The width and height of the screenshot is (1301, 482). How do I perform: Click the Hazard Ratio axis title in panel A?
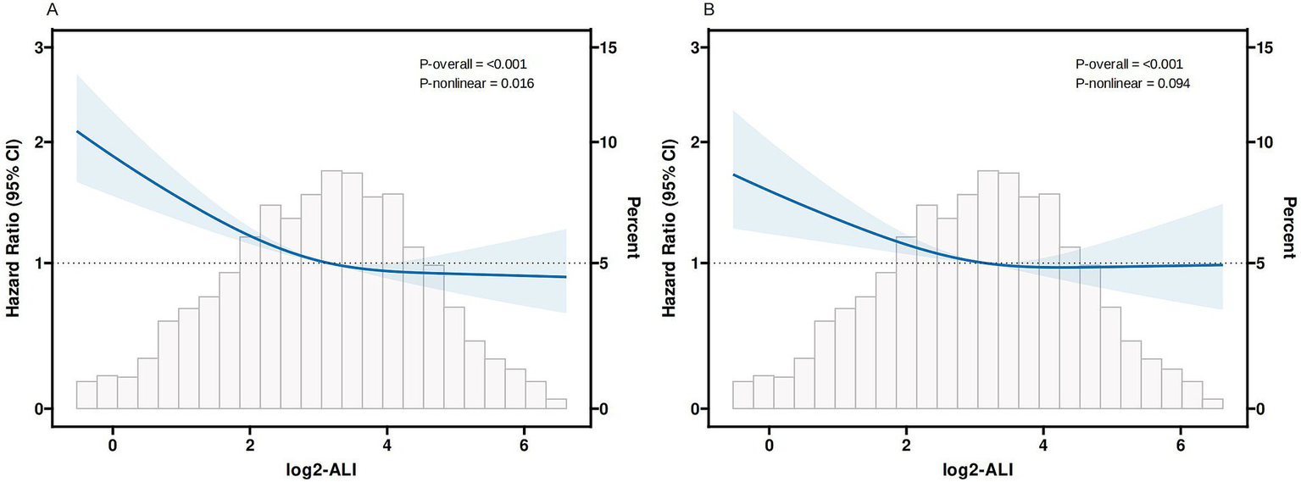(14, 228)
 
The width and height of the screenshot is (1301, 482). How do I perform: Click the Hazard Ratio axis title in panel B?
(670, 228)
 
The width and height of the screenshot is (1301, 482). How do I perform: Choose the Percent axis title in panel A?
(632, 228)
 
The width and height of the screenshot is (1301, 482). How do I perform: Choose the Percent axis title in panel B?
(1289, 228)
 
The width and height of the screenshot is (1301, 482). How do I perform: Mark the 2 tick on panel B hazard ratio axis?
(693, 142)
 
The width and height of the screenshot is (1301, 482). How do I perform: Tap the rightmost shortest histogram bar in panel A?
(556, 403)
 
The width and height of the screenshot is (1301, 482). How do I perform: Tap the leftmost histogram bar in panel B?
(743, 395)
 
